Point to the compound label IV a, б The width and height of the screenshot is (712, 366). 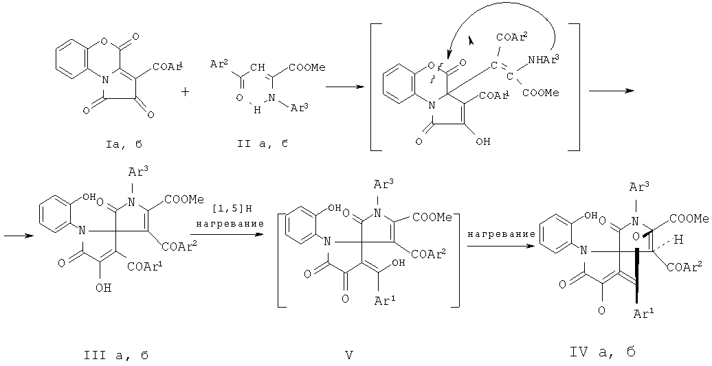602,352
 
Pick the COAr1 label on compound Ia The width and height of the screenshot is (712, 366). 167,66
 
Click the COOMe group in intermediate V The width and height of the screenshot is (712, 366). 437,217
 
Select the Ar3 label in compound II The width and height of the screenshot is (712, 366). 303,109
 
